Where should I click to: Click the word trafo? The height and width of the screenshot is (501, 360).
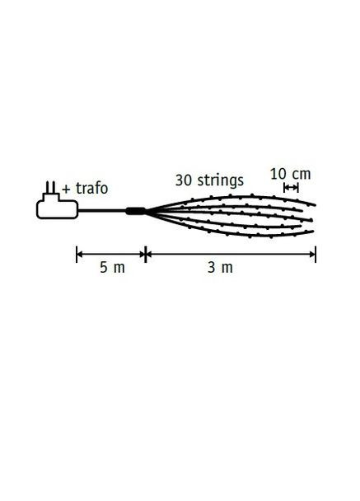pos(91,189)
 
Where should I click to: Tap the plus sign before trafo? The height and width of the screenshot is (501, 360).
pos(66,190)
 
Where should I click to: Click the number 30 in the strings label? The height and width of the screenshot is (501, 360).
pos(184,180)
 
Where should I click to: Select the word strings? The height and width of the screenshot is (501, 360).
pos(221,180)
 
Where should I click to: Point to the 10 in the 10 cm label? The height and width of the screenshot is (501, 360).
pos(278,174)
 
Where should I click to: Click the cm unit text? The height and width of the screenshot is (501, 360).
pos(302,175)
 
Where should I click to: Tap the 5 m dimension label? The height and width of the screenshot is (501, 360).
pos(112,267)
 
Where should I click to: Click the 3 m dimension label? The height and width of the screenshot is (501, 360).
pos(221,267)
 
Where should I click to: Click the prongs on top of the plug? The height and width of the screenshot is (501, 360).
pos(50,187)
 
